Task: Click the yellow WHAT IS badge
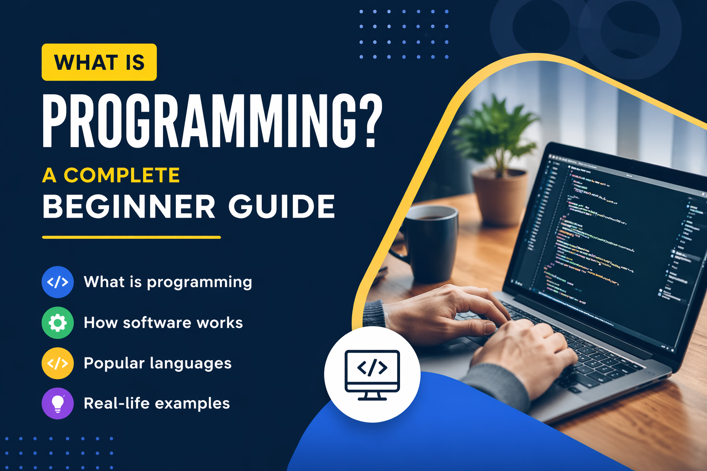coord(99,62)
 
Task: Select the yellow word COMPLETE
coord(122,175)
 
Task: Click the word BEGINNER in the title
coord(129,207)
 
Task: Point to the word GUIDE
coord(281,207)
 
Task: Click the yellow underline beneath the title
coord(131,237)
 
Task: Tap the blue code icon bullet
coord(58,282)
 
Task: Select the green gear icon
coord(58,323)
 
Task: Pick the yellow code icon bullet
coord(58,363)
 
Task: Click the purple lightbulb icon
coord(58,403)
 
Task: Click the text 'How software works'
coord(163,323)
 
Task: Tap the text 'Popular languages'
coord(157,363)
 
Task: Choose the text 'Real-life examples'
coord(156,403)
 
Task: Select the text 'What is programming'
coord(168,282)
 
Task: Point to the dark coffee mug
coord(430,244)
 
